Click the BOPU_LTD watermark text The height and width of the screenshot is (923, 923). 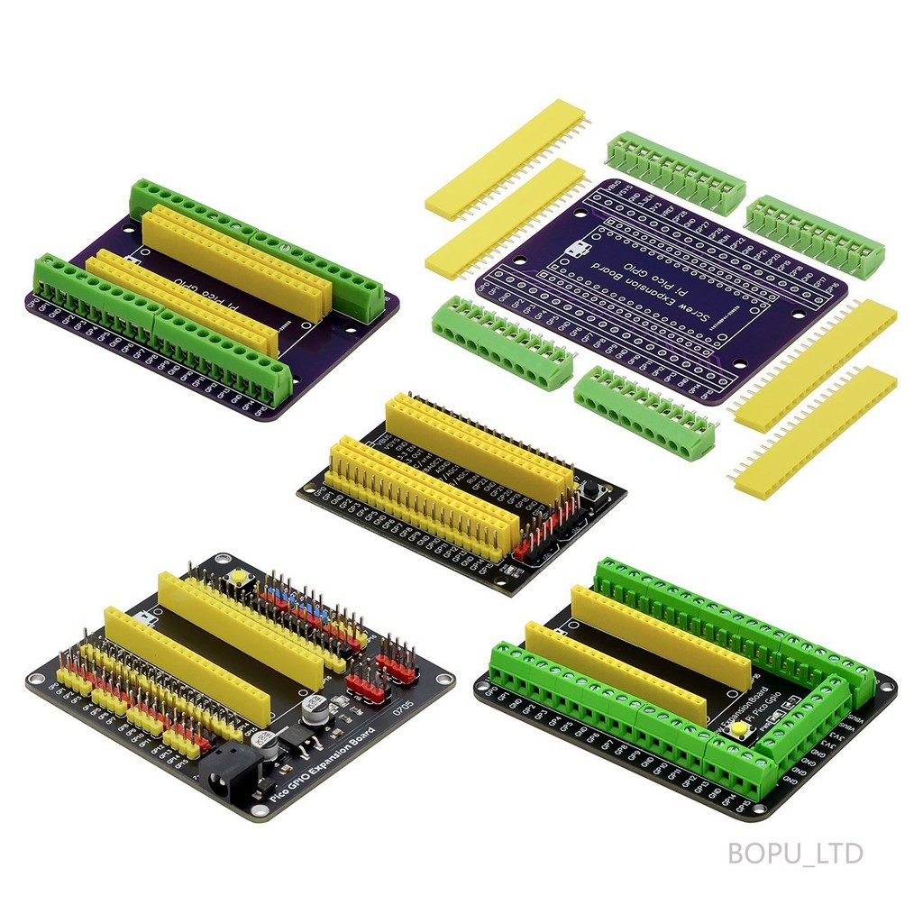click(x=796, y=853)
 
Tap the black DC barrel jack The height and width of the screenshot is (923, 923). click(x=233, y=775)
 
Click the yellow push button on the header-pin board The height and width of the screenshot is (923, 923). click(x=240, y=577)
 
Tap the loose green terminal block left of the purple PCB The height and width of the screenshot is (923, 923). click(x=501, y=342)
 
